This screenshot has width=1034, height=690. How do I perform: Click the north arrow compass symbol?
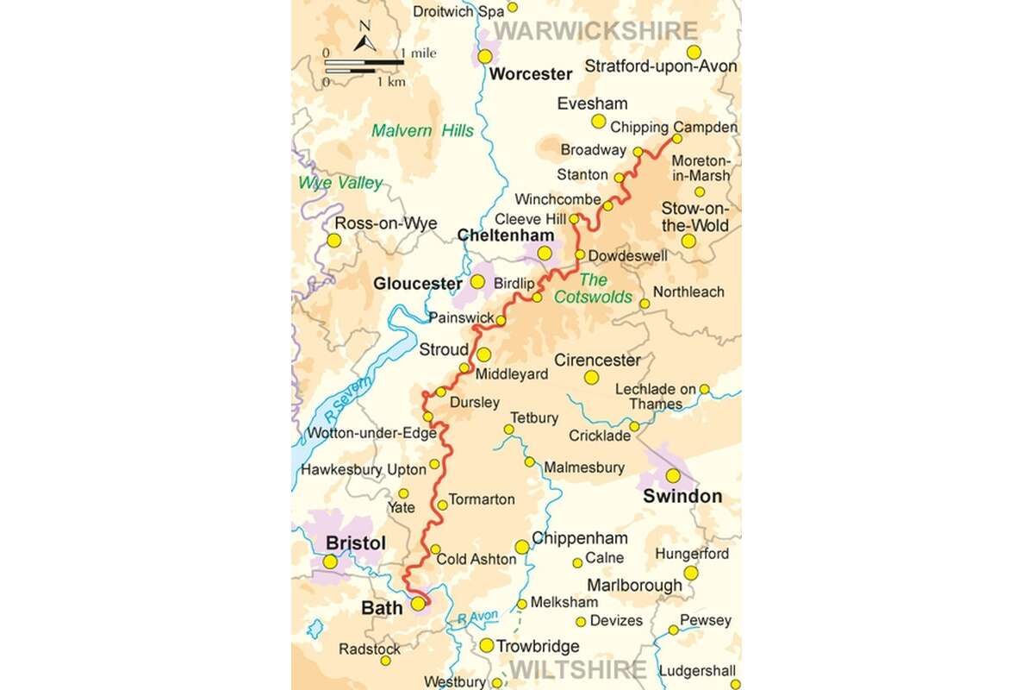click(365, 40)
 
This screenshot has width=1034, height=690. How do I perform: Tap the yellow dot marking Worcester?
click(485, 56)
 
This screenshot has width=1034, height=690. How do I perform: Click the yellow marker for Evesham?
click(598, 122)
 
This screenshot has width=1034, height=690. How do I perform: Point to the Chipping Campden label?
click(674, 127)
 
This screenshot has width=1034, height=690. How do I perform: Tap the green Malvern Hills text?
click(422, 131)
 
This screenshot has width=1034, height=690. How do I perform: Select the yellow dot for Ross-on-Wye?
click(333, 240)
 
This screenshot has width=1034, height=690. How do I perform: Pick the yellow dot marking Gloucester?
click(477, 282)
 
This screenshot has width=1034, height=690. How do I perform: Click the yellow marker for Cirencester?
click(591, 377)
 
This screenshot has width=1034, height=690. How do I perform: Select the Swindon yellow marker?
click(673, 475)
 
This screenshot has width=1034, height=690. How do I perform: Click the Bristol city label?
click(356, 543)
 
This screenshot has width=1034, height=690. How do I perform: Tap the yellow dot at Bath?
click(418, 604)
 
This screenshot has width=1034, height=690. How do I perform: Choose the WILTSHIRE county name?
click(576, 669)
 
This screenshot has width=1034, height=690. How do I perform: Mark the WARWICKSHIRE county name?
click(595, 31)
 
